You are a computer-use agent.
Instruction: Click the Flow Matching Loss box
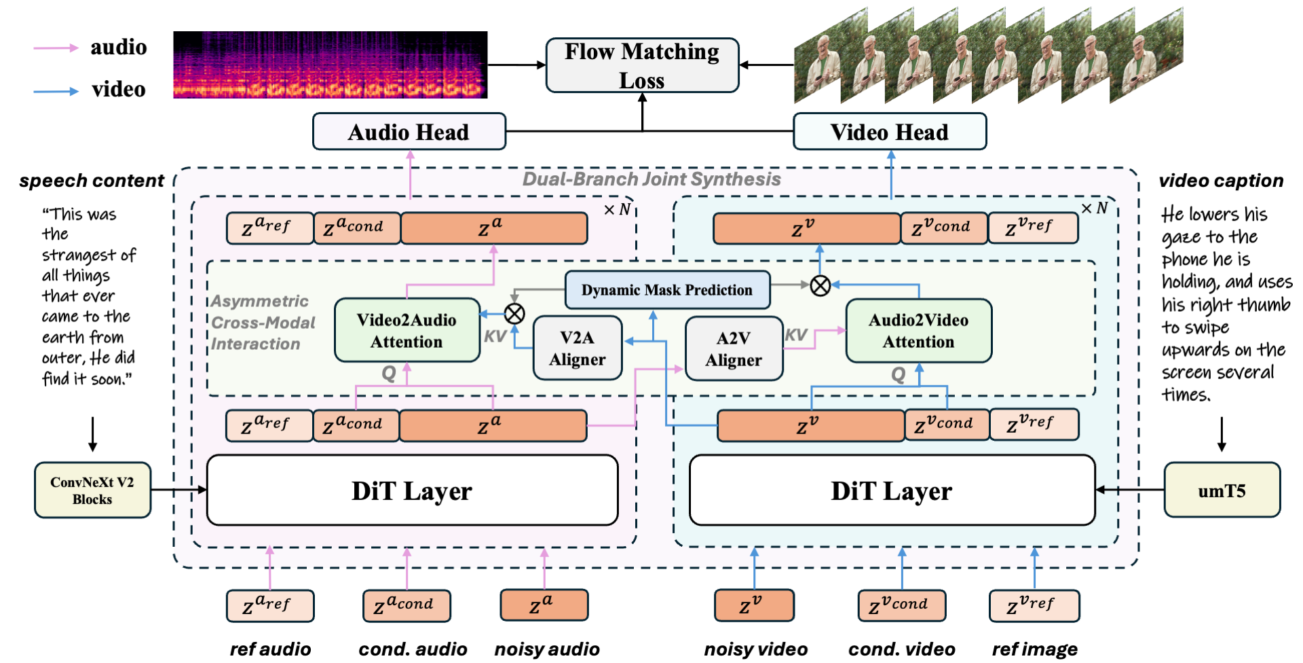642,65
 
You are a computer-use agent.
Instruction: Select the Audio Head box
409,132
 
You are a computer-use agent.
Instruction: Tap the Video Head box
889,132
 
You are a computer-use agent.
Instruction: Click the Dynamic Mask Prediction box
667,290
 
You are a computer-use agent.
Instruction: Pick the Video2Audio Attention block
407,330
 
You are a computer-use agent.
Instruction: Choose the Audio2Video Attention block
918,330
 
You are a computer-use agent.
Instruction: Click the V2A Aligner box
577,348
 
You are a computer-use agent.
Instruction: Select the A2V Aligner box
734,348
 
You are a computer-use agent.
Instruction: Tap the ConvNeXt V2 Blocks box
92,490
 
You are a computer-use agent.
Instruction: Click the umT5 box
1222,490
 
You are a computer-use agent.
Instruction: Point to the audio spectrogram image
330,65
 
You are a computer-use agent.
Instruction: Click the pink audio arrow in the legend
56,48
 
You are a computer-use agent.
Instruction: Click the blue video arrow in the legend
56,90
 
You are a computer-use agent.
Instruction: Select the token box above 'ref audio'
269,605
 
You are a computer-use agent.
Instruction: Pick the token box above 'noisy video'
753,605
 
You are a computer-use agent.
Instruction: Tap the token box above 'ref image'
1034,605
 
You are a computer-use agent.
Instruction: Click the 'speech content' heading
92,181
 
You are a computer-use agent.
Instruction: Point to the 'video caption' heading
1221,181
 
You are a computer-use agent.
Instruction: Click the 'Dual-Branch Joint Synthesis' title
651,179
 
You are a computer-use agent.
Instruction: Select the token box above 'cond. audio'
407,605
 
